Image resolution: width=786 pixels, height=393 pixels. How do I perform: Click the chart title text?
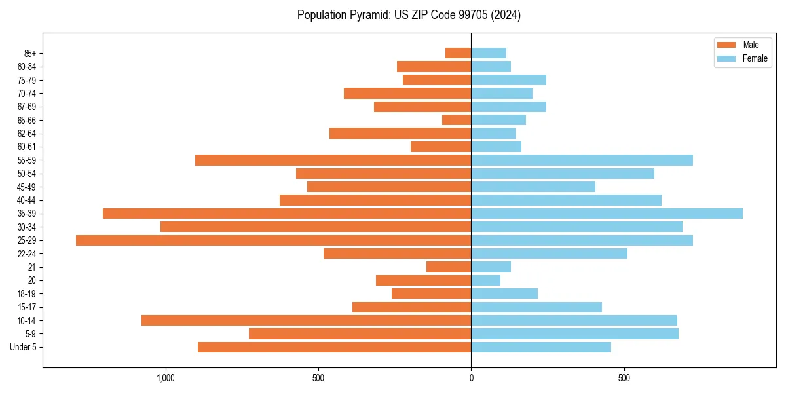coord(409,15)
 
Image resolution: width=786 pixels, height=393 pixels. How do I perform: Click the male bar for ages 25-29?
coord(273,240)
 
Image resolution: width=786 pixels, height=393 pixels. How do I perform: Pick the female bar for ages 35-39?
coord(607,214)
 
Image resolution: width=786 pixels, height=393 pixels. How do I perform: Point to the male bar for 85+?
coord(458,53)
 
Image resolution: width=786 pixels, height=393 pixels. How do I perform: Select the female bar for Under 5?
coord(541,347)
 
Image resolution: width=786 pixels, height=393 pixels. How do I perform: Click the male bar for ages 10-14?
coord(306,320)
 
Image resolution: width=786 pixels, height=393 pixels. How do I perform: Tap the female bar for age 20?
coord(485,280)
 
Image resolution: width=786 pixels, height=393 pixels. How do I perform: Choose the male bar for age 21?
coord(449,267)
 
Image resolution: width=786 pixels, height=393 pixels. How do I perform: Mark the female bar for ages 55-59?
coord(582,160)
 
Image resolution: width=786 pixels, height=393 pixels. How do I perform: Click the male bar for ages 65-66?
coord(457,120)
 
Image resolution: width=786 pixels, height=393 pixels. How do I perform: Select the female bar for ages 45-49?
coord(533,187)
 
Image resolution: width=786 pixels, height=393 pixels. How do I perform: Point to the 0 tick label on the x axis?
coord(471,378)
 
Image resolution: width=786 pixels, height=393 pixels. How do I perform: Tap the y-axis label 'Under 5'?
coord(23,347)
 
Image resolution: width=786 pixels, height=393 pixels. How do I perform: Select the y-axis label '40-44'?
coord(27,200)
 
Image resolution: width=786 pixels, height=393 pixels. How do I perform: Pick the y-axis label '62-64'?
coord(27,134)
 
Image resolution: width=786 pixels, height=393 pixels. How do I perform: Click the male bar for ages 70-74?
coord(407,94)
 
